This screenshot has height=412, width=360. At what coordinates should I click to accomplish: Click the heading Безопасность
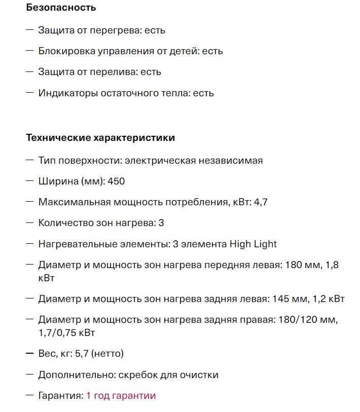[61, 8]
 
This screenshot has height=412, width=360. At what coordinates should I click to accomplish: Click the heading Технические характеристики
[100, 137]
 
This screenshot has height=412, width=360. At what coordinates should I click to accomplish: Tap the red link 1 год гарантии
[121, 396]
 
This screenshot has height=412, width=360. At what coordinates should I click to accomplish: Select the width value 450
[116, 181]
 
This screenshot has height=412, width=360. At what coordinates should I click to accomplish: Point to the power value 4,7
[261, 202]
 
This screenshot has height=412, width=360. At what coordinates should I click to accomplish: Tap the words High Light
[253, 244]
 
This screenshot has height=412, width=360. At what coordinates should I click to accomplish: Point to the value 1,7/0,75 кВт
[66, 333]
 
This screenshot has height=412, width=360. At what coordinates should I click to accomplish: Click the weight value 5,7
[82, 353]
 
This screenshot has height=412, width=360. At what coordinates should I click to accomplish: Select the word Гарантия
[60, 396]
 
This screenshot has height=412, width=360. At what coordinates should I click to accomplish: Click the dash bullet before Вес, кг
[29, 353]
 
